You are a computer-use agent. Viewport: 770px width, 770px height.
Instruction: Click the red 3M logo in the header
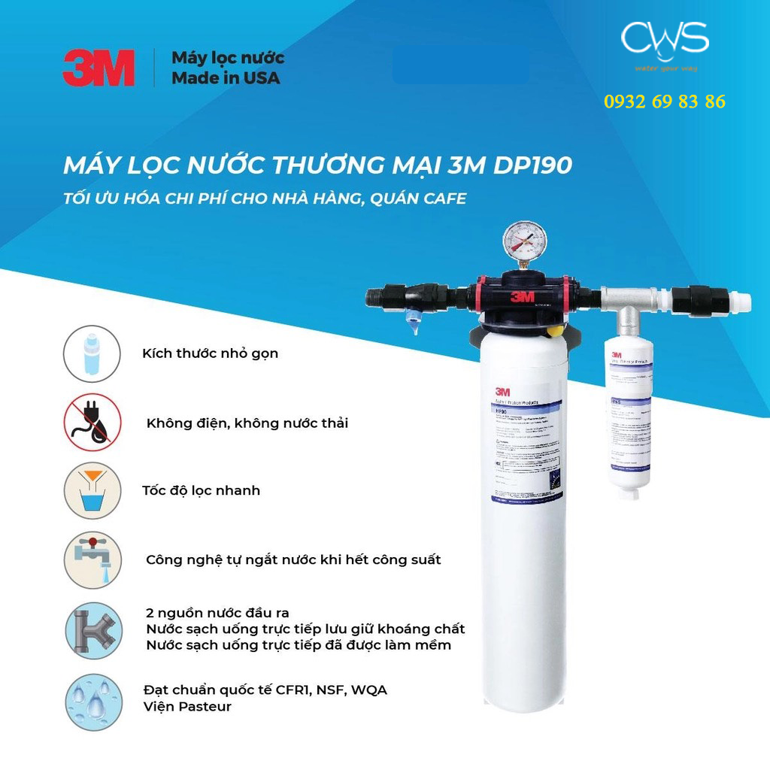[99, 68]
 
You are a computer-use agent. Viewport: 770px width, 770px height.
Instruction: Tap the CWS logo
[665, 42]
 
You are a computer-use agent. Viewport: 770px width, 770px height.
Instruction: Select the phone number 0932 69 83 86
[665, 102]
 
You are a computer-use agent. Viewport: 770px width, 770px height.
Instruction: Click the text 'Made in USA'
[226, 77]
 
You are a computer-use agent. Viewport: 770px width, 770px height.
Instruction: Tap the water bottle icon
[92, 353]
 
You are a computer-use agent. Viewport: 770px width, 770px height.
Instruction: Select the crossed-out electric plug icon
[92, 422]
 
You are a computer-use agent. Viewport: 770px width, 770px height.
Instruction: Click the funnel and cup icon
[92, 490]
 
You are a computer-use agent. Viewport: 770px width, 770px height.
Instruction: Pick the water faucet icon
[92, 559]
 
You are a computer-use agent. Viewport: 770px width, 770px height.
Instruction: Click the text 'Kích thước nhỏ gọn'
[210, 353]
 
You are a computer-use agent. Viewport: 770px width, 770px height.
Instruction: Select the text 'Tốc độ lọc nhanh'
[201, 490]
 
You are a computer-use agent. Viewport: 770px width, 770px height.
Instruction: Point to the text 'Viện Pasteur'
[187, 707]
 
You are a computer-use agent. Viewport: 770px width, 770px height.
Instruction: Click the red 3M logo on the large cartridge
[502, 390]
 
